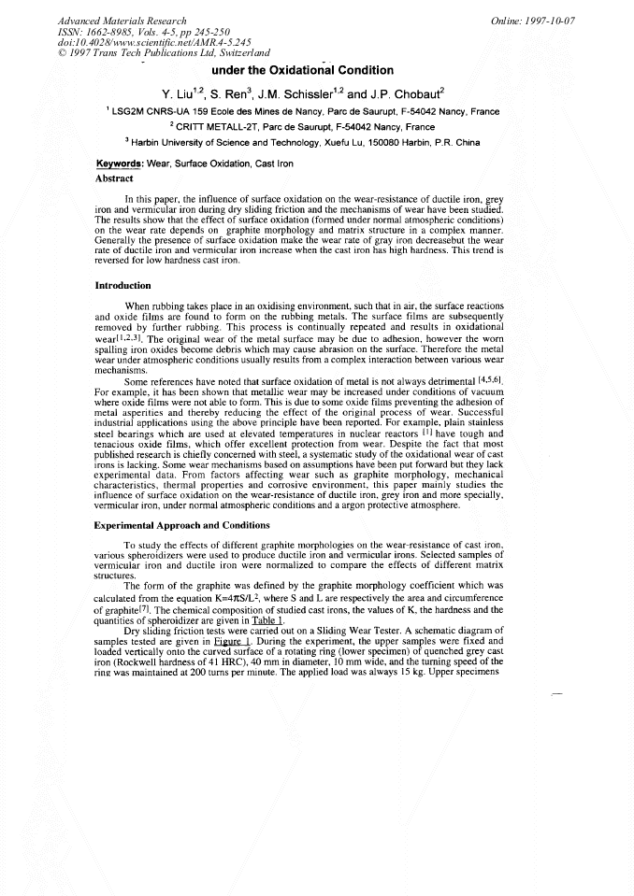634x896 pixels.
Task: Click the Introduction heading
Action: click(x=122, y=286)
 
